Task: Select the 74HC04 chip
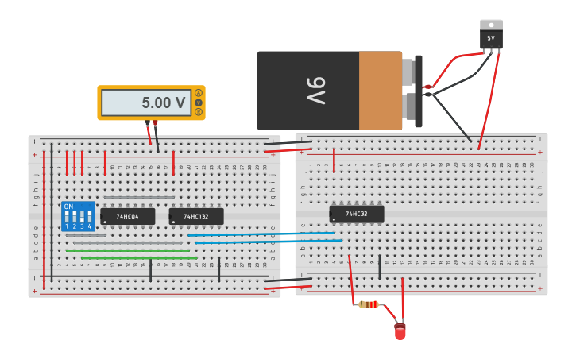coord(127,216)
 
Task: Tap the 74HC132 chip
coord(196,216)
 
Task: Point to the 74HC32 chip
coord(357,214)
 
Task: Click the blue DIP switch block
coord(78,216)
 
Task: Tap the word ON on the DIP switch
coord(68,207)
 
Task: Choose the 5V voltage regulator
coord(491,37)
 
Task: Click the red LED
coord(400,331)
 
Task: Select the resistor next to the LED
coord(368,304)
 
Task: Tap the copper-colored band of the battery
coord(381,91)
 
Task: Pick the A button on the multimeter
coord(199,93)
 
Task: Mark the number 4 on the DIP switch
coord(89,227)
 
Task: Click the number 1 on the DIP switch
coord(68,227)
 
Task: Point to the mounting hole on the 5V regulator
coord(491,25)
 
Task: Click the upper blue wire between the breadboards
coord(262,234)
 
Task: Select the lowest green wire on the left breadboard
coord(139,258)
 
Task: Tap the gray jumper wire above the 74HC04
coord(139,198)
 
